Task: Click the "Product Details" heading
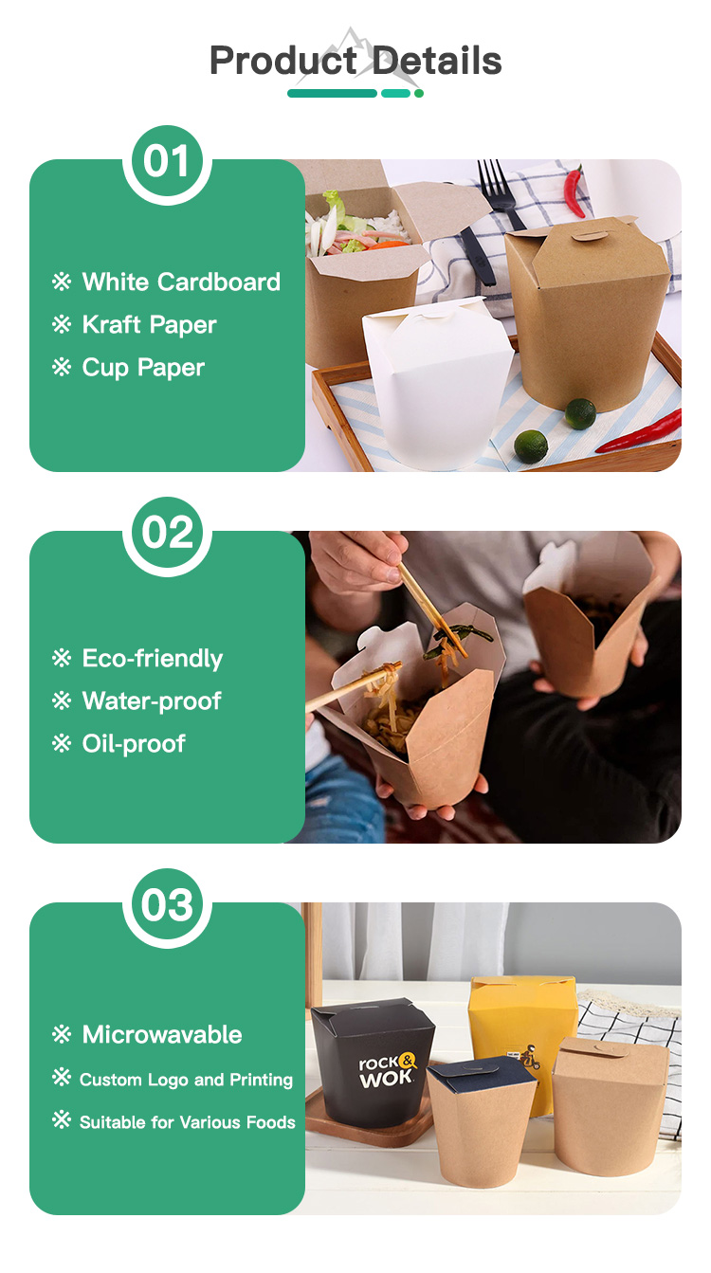(x=355, y=61)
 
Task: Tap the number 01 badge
(x=167, y=162)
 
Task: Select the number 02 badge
(x=167, y=534)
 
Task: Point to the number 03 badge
(x=167, y=905)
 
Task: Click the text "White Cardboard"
(x=181, y=282)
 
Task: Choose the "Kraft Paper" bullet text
(x=149, y=324)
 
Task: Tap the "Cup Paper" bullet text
(x=143, y=368)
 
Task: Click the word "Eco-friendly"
(x=152, y=658)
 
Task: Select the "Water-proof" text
(x=152, y=700)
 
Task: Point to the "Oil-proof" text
(x=134, y=744)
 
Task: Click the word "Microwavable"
(x=162, y=1034)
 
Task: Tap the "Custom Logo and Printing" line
(x=186, y=1080)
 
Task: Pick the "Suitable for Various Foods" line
(x=187, y=1122)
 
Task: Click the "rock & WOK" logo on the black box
(x=388, y=1070)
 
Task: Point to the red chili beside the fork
(x=574, y=190)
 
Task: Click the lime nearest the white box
(x=531, y=446)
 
